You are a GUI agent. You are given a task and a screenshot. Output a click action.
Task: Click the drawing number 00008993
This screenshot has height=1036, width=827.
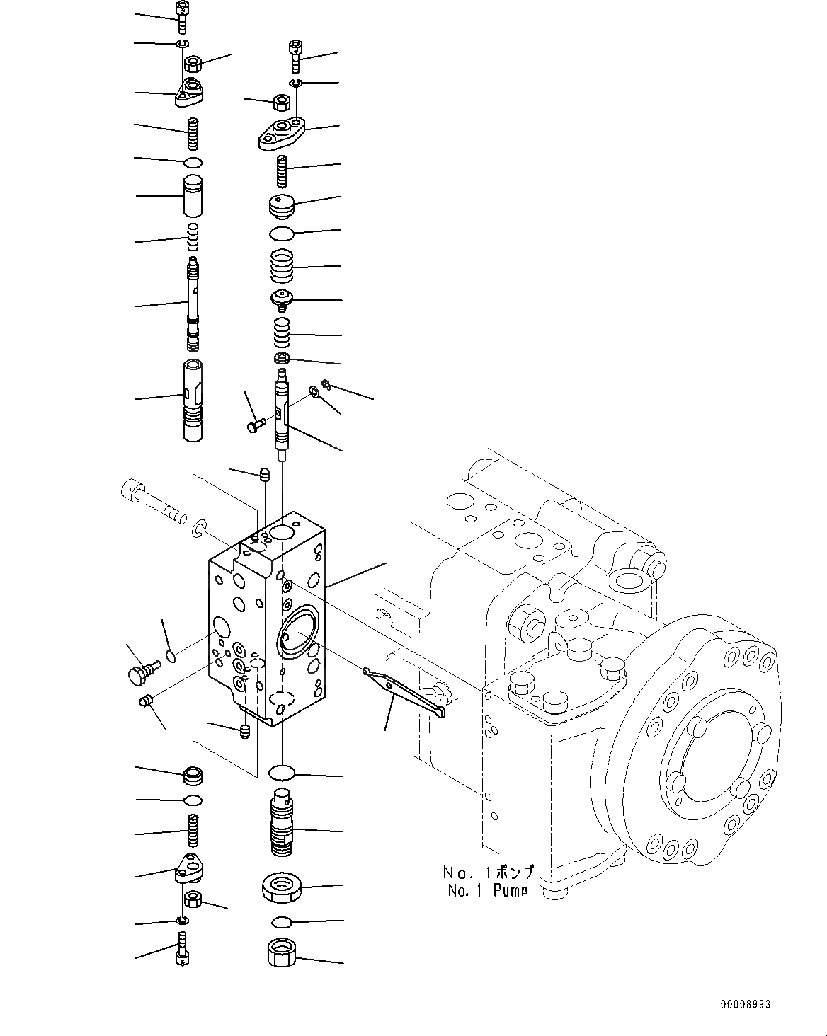point(745,1005)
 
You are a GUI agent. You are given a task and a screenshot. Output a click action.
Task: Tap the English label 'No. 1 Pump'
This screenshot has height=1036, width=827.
point(487,890)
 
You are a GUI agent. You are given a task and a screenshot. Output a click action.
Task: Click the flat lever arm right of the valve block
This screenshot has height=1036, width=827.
point(404,692)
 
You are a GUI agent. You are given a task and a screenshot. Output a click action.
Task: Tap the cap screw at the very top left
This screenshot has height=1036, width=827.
point(182,15)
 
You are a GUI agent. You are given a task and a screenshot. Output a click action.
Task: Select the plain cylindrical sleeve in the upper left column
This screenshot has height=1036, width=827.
point(193,200)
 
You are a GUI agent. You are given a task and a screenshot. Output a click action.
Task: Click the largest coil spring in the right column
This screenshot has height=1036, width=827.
point(282,267)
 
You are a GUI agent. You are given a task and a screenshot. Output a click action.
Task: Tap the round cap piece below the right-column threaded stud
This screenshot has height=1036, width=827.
point(282,207)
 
